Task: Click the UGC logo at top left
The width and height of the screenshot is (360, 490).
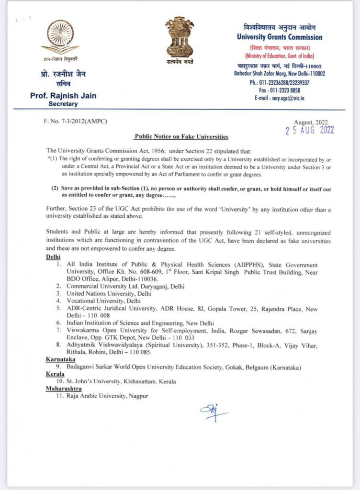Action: [x=60, y=37]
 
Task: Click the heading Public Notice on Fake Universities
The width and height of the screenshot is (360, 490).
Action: [x=181, y=136]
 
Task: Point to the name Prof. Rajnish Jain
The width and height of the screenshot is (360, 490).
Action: [x=63, y=95]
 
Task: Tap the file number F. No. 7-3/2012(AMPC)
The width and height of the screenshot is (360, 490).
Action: [x=75, y=121]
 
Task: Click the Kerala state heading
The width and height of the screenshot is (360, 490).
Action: [x=55, y=373]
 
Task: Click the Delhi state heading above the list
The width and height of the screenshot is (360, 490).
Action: [x=53, y=256]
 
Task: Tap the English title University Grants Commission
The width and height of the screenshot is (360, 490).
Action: [x=280, y=37]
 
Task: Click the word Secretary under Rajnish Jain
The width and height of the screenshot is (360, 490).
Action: [x=63, y=103]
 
